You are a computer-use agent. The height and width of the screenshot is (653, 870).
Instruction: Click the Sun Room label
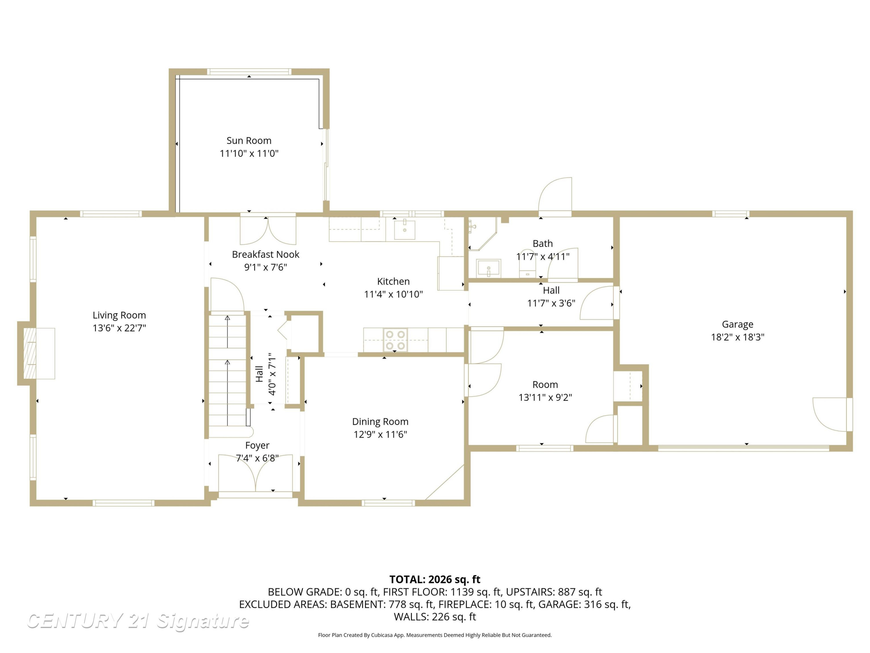tap(249, 140)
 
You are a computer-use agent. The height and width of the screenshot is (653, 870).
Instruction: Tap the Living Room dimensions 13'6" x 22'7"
tap(119, 328)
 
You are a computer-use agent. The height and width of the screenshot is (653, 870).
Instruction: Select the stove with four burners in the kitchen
tap(395, 340)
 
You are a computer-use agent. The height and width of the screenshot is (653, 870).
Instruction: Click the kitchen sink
tap(404, 230)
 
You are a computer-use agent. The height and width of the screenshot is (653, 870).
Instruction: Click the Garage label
tap(737, 324)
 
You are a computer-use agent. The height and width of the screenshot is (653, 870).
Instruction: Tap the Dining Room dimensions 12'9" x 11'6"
tap(380, 434)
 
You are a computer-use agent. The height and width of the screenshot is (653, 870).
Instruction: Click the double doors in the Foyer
tap(256, 474)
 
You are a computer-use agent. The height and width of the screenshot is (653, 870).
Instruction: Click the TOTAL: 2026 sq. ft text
tap(435, 579)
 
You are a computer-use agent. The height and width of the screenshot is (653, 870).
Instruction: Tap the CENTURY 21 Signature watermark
tap(138, 621)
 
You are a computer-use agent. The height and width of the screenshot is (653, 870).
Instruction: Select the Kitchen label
tap(393, 282)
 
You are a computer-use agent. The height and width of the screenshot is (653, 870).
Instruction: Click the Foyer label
tap(257, 445)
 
